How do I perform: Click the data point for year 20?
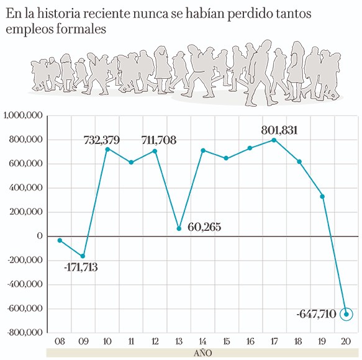[346, 314]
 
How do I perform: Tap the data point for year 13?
[179, 228]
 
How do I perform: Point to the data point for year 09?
[83, 256]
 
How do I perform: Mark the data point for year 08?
[60, 240]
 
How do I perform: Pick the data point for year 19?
[322, 197]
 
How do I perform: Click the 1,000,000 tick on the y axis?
[22, 116]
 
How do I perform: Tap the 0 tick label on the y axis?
[39, 236]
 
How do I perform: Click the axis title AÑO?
[203, 353]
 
